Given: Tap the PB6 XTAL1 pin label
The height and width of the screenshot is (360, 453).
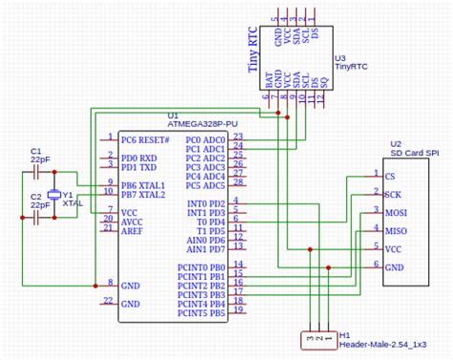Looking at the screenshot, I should coord(143,184).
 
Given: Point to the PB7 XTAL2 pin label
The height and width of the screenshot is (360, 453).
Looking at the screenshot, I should coord(143,194).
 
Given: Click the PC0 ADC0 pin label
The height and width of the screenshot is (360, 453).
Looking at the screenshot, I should coord(205,139).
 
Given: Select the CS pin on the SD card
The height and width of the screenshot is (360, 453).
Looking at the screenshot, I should coord(389,177).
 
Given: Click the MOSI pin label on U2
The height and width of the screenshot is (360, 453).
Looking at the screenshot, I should coord(395,212).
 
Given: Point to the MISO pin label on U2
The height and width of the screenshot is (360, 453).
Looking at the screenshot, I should coord(395,230).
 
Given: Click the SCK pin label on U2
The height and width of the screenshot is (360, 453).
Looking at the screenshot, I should coord(392,194).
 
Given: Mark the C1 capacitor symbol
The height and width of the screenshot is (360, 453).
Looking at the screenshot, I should coord(36,172).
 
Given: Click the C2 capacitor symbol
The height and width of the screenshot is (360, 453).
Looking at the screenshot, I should coord(36,217).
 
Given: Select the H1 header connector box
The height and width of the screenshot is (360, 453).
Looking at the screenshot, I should coord(316,338).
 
